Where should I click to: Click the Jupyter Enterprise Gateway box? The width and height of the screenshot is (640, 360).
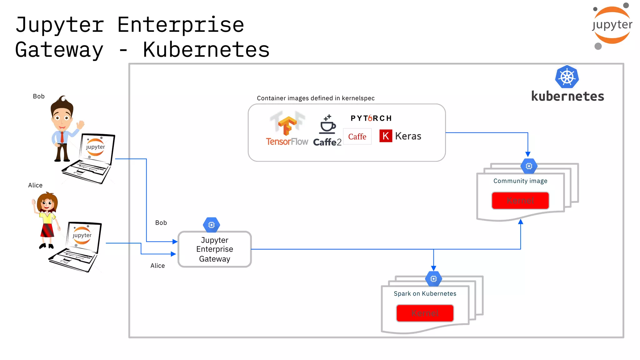[x=214, y=249]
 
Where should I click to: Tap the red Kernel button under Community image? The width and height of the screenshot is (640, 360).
[x=520, y=200]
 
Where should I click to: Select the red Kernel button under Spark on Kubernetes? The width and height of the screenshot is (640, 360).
[x=425, y=313]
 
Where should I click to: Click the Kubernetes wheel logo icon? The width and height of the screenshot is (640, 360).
[x=567, y=77]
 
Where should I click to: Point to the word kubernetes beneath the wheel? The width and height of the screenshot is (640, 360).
[x=567, y=96]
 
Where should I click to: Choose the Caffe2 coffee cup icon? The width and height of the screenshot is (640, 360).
[x=327, y=125]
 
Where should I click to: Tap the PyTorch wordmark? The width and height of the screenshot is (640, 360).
[x=371, y=118]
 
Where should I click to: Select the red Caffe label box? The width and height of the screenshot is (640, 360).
[x=357, y=137]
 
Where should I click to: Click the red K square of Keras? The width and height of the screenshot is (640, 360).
[x=386, y=136]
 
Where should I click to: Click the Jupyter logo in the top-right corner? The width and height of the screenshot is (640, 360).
[x=612, y=25]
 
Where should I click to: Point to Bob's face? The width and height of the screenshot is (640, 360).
[x=62, y=117]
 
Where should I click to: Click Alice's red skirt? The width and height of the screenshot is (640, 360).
[x=47, y=230]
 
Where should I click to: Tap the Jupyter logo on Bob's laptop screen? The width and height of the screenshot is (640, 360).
[x=96, y=147]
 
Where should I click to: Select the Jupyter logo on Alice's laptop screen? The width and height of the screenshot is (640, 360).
[x=82, y=235]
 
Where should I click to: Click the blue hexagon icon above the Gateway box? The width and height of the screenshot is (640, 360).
[x=212, y=225]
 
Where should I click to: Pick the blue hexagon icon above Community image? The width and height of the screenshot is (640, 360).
[x=529, y=166]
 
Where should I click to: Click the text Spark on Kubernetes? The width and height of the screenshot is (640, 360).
[x=425, y=293]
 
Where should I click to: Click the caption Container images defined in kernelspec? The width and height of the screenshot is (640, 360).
[x=316, y=98]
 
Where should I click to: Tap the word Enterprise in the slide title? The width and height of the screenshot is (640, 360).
[x=181, y=25]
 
